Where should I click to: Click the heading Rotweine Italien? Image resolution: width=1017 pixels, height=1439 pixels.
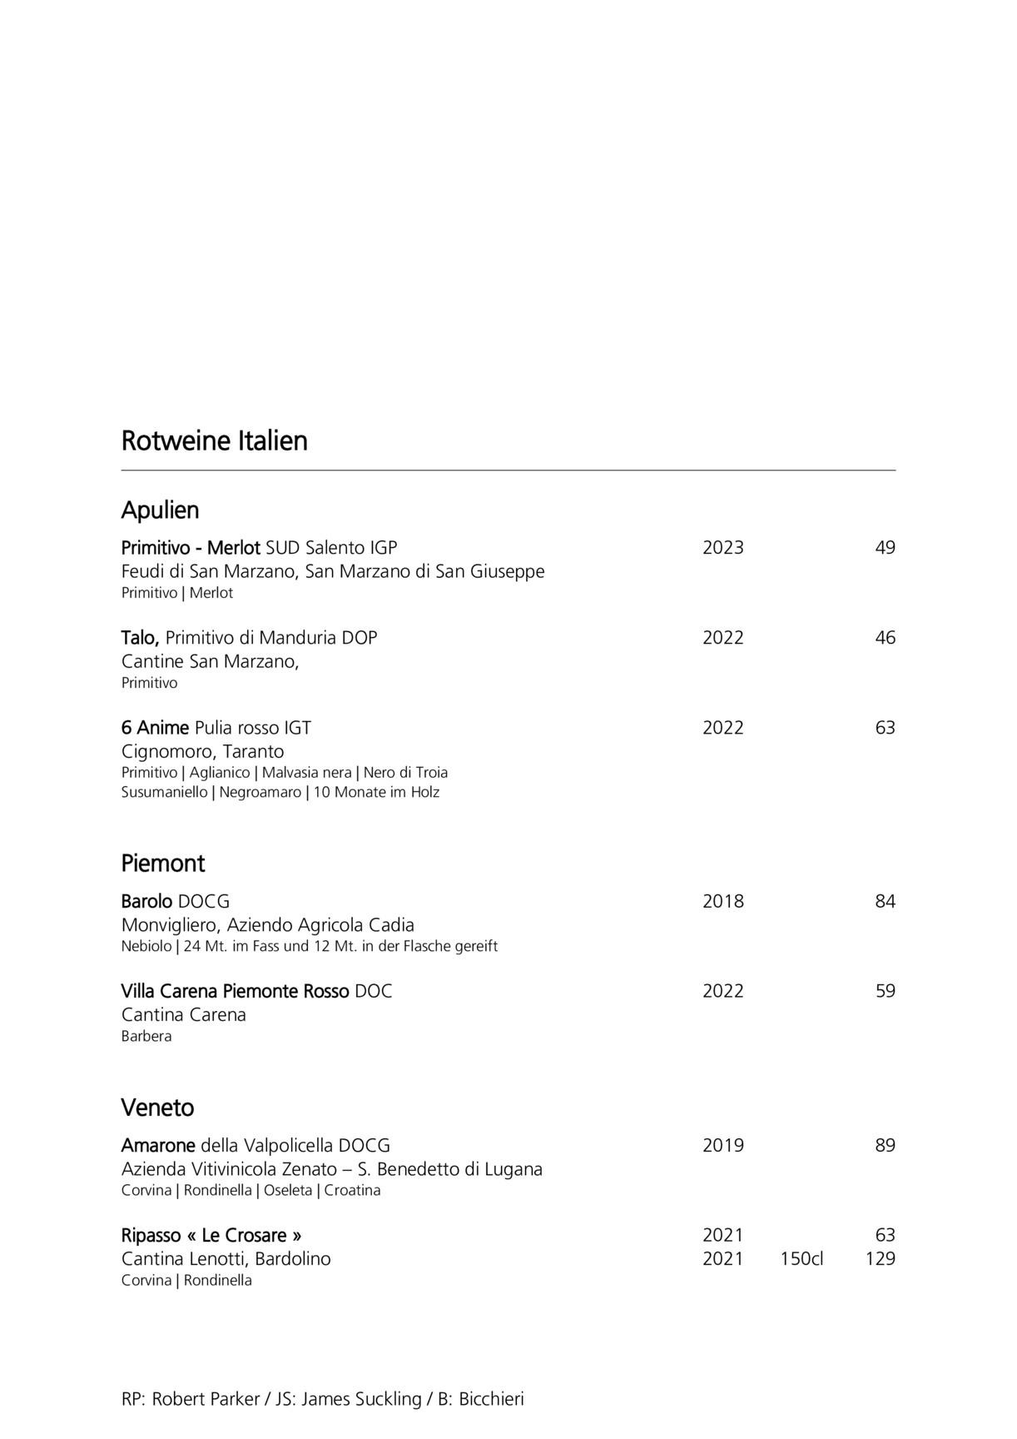tap(214, 441)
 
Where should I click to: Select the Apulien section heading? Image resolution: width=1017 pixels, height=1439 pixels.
tap(160, 510)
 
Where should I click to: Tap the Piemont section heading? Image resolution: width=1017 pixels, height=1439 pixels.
tap(162, 863)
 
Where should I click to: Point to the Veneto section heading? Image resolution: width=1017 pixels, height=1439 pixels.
tap(157, 1108)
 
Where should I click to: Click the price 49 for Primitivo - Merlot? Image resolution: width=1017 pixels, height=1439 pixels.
tap(885, 548)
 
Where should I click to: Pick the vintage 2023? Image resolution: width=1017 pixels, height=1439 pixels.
tap(722, 548)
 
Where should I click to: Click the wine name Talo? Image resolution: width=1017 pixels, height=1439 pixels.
tap(139, 638)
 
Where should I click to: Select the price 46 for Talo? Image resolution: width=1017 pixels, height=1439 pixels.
tap(885, 638)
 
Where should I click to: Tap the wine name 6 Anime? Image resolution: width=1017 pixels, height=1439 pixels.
tap(155, 728)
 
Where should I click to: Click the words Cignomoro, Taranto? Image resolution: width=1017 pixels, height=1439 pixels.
tap(202, 751)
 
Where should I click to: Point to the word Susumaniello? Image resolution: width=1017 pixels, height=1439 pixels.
tap(164, 792)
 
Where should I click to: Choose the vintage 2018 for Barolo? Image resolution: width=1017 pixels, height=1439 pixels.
tap(722, 901)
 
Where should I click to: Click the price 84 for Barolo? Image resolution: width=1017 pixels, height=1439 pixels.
tap(885, 901)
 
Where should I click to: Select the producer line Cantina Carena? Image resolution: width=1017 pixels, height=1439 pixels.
tap(183, 1014)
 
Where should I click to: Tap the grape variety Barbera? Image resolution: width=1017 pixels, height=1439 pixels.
tap(146, 1036)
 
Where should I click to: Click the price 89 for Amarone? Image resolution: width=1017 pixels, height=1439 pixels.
tap(885, 1145)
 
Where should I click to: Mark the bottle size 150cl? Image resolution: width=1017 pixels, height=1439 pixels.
tap(801, 1258)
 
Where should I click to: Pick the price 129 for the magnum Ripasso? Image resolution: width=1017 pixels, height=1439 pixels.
tap(880, 1258)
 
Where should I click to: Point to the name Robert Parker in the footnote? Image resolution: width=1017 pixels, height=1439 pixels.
tap(206, 1399)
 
